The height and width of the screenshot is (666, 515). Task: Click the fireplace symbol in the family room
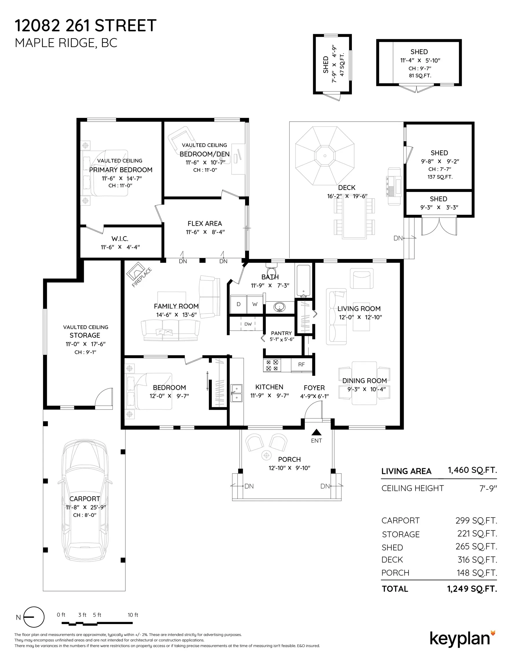tap(136, 271)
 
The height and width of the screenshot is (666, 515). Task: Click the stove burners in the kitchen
tap(272, 365)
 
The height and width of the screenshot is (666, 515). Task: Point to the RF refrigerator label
tap(301, 365)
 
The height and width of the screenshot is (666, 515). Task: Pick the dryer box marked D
tap(238, 304)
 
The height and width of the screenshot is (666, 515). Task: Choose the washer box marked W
tap(255, 304)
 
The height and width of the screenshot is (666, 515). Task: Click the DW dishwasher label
tap(248, 324)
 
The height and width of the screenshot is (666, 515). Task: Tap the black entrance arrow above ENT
tap(317, 432)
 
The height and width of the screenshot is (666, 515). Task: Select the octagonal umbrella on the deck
tap(325, 156)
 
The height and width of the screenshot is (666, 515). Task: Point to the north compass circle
tap(34, 617)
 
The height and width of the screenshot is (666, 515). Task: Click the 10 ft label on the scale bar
tap(133, 615)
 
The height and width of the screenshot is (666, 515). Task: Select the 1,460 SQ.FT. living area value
tap(472, 470)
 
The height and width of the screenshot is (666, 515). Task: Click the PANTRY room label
tap(282, 333)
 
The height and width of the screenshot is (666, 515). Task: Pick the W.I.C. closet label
tap(120, 239)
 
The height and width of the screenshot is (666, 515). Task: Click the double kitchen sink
tap(237, 393)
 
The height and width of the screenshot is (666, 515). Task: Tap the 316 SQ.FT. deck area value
tap(477, 560)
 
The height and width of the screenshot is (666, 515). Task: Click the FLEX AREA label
tap(205, 223)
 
